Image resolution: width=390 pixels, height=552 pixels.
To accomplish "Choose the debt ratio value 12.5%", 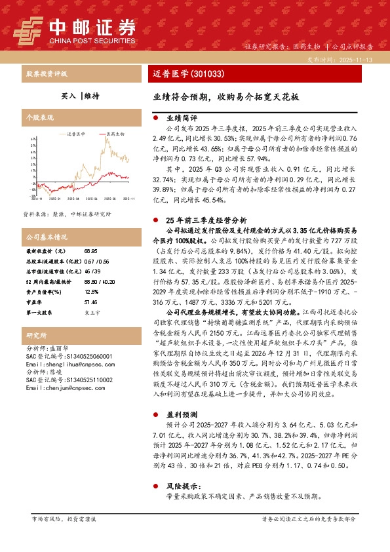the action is coord(91,291).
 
